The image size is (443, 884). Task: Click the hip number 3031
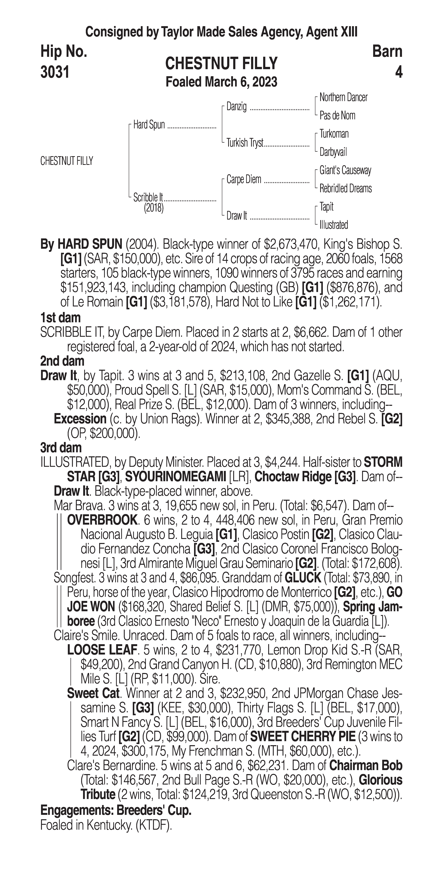55,72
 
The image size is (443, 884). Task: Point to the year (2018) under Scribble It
154,208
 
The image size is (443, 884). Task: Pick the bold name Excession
80,419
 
